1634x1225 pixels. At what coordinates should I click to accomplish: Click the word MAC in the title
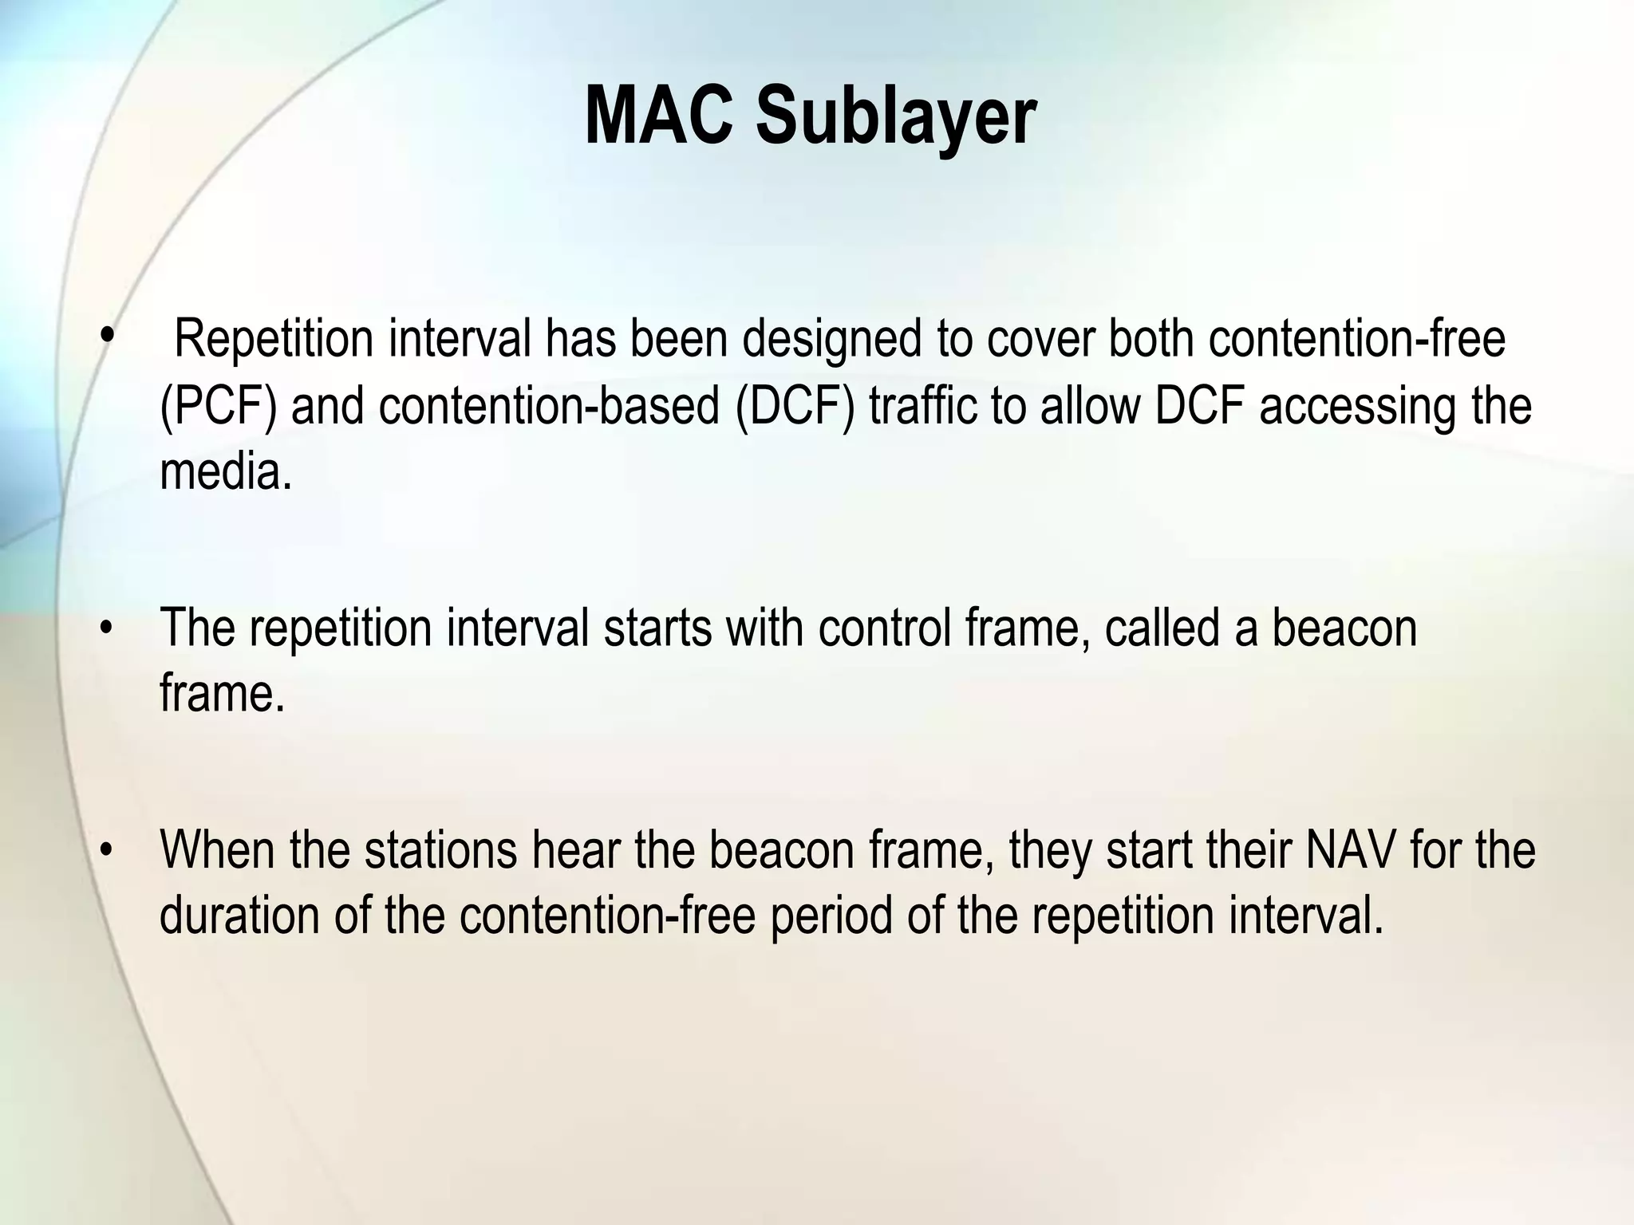tap(658, 118)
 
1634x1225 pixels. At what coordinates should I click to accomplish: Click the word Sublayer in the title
tap(895, 118)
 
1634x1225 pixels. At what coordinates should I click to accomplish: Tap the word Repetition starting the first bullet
tap(274, 339)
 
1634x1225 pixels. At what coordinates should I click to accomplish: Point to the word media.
tap(226, 473)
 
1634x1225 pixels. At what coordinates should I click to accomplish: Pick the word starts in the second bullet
tap(657, 628)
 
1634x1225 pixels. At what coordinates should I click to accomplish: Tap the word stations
tap(441, 849)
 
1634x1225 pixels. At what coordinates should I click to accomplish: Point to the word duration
tap(239, 916)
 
